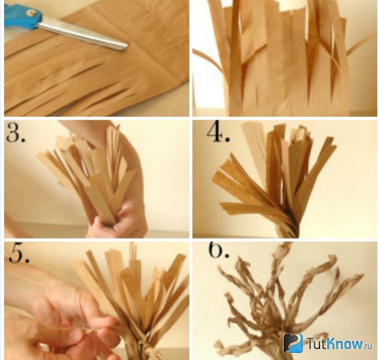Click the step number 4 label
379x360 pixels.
coord(218,132)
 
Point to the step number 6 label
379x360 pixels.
coord(219,250)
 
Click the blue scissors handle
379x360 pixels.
coord(22,16)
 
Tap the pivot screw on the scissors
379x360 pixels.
coord(31,13)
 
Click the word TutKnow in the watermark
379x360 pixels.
coord(335,343)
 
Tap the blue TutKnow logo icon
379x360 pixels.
coord(293,343)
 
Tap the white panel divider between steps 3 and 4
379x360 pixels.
coord(191,179)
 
